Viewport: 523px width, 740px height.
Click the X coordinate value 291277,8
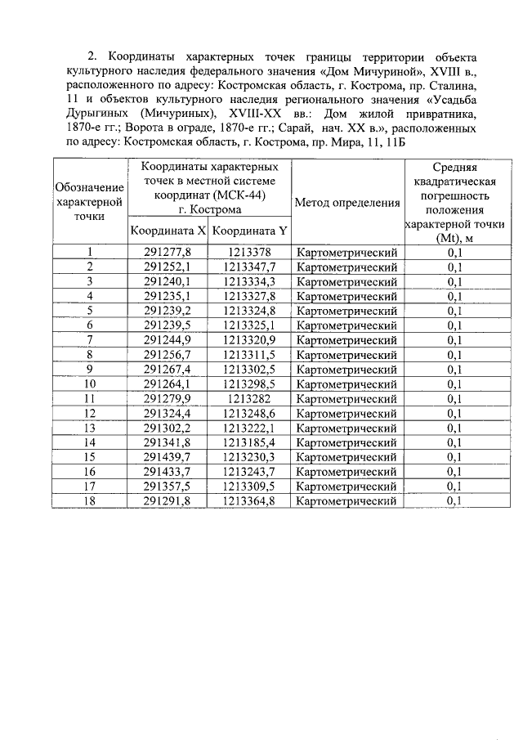[167, 252]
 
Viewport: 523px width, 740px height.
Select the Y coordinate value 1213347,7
[250, 267]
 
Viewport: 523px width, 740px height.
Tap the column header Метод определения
[347, 203]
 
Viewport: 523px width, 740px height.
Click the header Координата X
[168, 231]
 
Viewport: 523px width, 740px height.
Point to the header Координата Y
[250, 231]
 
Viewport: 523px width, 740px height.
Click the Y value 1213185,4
[250, 442]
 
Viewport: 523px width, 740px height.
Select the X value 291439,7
[167, 457]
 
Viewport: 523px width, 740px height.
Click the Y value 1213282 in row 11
[250, 398]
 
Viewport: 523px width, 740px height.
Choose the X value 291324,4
[167, 413]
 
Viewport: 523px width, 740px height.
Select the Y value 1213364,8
[250, 501]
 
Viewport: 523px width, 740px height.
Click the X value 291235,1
[167, 296]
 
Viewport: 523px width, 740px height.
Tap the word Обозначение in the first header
[89, 188]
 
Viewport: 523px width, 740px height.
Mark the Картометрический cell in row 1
[347, 252]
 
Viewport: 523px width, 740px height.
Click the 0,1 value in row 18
[455, 501]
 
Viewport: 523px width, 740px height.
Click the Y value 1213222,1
[250, 428]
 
